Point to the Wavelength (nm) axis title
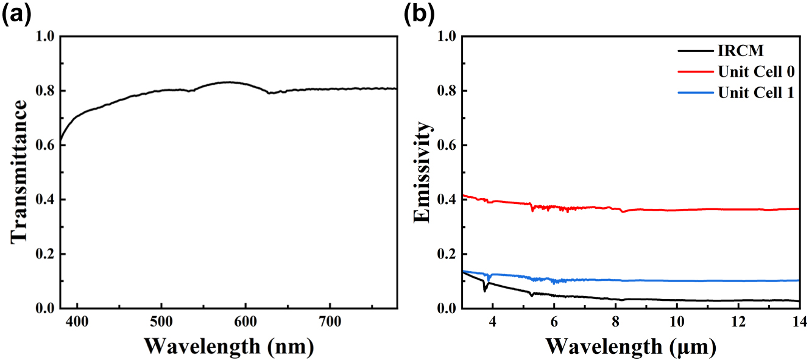click(229, 346)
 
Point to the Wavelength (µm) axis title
click(631, 346)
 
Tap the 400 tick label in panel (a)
click(77, 320)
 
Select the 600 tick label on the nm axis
click(245, 320)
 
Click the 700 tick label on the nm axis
click(329, 320)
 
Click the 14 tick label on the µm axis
click(799, 320)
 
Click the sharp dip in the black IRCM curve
click(485, 290)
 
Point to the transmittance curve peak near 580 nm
click(229, 82)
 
